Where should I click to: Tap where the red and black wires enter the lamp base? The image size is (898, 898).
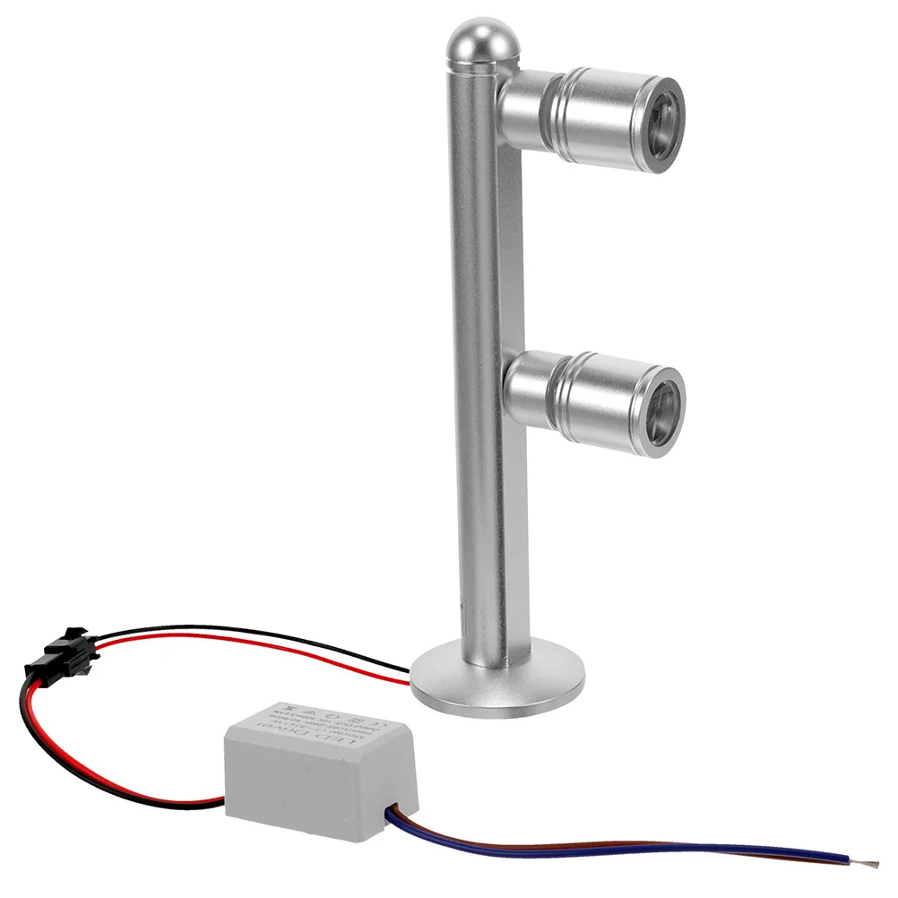coord(411,676)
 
